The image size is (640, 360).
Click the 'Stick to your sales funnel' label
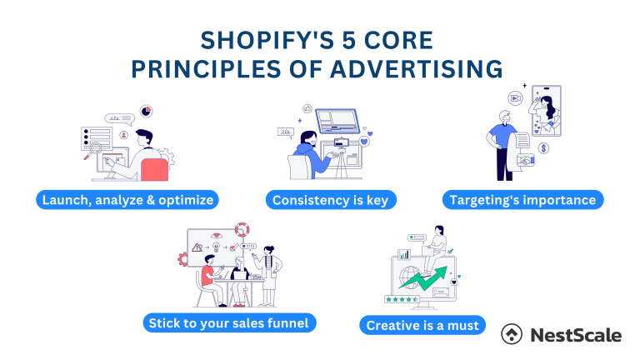[x=229, y=322]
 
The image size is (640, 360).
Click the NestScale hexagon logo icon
[x=512, y=334]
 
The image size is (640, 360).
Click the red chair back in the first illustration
[x=154, y=170]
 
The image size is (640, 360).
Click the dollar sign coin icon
[x=543, y=148]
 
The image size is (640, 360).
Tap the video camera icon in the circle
[x=516, y=98]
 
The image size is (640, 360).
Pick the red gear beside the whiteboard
[x=183, y=258]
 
